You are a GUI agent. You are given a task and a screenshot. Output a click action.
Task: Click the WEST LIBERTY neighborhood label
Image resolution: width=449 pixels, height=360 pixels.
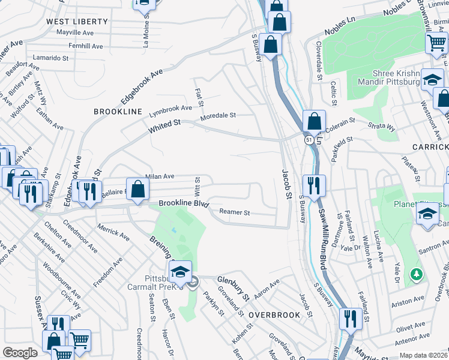77,22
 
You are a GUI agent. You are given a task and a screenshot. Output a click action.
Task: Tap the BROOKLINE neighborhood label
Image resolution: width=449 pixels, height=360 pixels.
118,112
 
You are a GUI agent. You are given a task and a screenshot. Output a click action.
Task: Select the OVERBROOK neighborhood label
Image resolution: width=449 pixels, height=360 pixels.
274,314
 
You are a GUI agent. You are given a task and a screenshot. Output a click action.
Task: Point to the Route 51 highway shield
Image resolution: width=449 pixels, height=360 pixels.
308,140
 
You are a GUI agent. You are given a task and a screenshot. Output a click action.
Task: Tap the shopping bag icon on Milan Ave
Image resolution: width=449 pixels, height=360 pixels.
137,189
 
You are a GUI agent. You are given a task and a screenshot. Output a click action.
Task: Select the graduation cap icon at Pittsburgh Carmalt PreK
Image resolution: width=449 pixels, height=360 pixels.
180,272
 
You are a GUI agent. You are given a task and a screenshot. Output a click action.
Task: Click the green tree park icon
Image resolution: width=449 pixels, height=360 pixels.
416,274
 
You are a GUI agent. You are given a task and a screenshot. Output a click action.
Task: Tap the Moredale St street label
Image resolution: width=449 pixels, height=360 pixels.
218,115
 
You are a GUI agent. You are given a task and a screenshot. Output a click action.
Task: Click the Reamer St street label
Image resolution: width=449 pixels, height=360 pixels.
235,212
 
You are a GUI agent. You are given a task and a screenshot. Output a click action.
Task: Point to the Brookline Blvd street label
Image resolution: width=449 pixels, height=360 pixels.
183,204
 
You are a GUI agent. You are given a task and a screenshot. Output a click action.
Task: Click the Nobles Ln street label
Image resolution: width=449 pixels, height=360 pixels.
341,26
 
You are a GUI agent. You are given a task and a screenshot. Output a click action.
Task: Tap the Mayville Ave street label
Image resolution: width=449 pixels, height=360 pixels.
75,32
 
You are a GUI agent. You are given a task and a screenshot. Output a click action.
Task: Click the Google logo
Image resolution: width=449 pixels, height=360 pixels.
20,353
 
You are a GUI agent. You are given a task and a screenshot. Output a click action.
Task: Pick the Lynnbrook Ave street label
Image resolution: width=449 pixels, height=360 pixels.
170,109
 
